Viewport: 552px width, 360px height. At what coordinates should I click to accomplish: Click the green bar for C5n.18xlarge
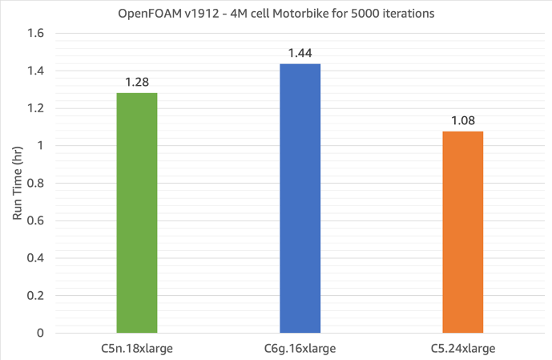click(x=137, y=212)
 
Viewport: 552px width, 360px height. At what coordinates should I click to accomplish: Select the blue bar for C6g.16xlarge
click(x=300, y=197)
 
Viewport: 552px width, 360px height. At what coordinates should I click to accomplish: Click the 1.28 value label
click(x=137, y=83)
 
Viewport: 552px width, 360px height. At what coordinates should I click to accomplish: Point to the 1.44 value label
click(x=300, y=53)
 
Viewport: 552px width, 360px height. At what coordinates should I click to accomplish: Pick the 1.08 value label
click(x=462, y=120)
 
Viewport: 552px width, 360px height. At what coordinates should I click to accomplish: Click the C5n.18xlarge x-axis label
click(x=137, y=348)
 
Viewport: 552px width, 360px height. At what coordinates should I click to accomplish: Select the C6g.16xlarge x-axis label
click(x=300, y=348)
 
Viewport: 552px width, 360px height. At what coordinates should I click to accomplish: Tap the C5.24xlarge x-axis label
click(x=462, y=348)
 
